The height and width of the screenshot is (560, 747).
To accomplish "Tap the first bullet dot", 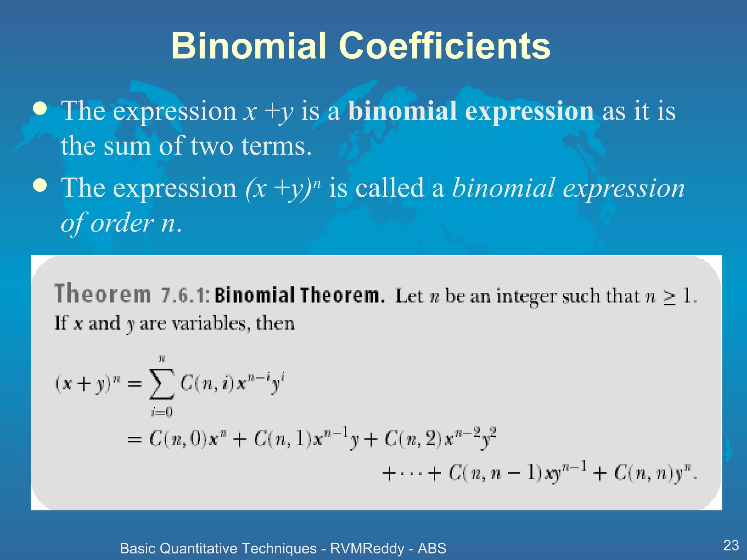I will click(x=40, y=108).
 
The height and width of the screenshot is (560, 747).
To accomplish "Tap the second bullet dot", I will click(x=40, y=185).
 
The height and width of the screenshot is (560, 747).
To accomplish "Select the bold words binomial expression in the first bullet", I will click(x=471, y=111).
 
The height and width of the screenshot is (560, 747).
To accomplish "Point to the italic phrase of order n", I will click(x=120, y=223).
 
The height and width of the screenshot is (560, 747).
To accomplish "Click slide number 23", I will click(x=731, y=545).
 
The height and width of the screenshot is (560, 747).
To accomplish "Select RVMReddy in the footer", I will click(x=367, y=548).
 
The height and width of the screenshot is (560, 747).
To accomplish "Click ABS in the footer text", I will click(x=432, y=548).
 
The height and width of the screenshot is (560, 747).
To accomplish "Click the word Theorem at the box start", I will click(x=102, y=294).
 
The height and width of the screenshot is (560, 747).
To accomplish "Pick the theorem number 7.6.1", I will click(x=185, y=295).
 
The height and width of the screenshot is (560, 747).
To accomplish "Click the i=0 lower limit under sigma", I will click(x=162, y=412).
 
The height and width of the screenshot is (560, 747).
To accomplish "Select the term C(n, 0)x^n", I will click(x=184, y=439).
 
